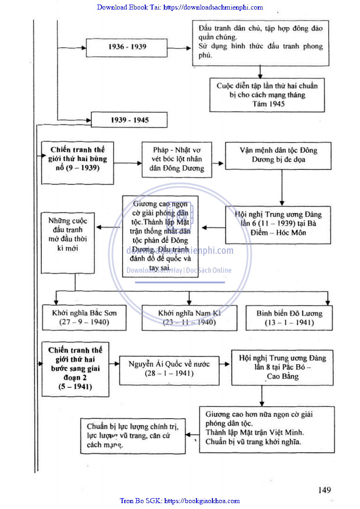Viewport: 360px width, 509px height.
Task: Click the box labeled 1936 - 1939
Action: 127,47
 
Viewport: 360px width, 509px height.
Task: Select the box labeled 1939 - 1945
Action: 129,120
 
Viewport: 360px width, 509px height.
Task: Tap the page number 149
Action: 324,490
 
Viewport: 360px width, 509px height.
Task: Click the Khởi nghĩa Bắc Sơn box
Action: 84,317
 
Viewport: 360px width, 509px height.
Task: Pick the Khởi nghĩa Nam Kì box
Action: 189,317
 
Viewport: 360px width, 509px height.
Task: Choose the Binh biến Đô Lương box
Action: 289,317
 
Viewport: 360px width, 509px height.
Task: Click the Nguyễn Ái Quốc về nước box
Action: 169,369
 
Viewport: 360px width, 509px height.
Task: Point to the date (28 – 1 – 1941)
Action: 169,374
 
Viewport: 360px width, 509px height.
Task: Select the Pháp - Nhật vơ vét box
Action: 177,159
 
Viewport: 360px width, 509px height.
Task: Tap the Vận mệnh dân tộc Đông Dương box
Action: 278,155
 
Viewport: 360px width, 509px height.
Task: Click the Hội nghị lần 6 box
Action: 278,223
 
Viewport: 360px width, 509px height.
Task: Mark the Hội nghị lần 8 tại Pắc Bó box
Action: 282,367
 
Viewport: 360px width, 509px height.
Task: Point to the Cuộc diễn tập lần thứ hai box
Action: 267,94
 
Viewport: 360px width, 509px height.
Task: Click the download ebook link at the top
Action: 180,7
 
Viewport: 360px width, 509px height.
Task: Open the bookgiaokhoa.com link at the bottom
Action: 180,501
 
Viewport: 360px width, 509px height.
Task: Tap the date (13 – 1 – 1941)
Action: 289,323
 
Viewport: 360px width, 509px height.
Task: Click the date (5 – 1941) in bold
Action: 75,387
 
